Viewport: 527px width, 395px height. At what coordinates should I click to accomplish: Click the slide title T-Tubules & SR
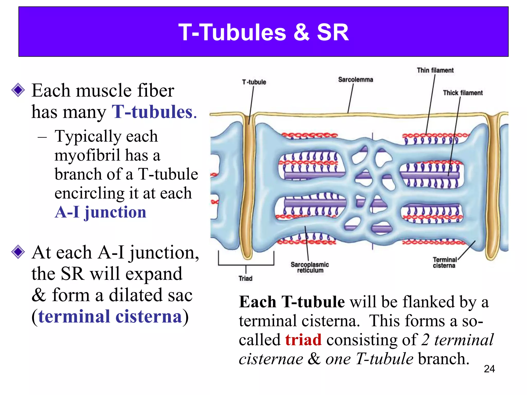tap(263, 32)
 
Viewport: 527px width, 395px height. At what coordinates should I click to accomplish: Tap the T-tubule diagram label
tap(254, 82)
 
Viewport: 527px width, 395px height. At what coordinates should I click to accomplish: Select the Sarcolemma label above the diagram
tap(355, 80)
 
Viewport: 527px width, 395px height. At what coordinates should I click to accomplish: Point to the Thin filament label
tap(435, 70)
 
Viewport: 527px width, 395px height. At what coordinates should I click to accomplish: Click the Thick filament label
tap(463, 93)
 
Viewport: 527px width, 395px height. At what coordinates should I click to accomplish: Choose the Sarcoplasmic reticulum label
tap(310, 267)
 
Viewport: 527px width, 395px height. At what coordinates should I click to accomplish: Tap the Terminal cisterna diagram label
tap(444, 263)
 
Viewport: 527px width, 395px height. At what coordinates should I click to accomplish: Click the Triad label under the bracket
tap(245, 279)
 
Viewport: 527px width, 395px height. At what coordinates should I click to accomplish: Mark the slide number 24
tap(489, 369)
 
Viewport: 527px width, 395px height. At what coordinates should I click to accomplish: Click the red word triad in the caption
tap(303, 340)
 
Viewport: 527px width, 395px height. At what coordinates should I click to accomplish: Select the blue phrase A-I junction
tap(100, 212)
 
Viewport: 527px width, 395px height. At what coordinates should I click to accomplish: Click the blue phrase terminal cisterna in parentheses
tap(110, 317)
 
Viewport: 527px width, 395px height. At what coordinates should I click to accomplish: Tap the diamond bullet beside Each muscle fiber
tap(18, 90)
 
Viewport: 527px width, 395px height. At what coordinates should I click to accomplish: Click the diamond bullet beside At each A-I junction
tap(18, 252)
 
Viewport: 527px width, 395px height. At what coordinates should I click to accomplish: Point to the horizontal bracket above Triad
tap(246, 264)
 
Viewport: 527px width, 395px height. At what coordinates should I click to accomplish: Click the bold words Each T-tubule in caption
tap(292, 302)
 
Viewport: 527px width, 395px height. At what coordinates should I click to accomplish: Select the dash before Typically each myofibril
tap(42, 137)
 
